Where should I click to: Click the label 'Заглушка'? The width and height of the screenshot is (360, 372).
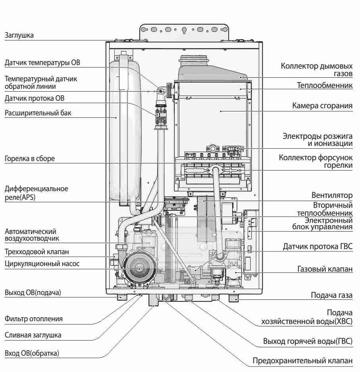pyautogui.click(x=19, y=35)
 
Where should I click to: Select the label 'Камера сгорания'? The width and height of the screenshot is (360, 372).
pyautogui.click(x=322, y=106)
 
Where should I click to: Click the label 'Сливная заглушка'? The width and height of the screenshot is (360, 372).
pyautogui.click(x=33, y=335)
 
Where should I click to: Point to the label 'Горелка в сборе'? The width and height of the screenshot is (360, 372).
pyautogui.click(x=30, y=159)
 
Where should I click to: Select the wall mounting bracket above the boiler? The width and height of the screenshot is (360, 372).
pyautogui.click(x=185, y=29)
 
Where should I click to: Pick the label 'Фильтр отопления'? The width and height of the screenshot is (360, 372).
pyautogui.click(x=34, y=318)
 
